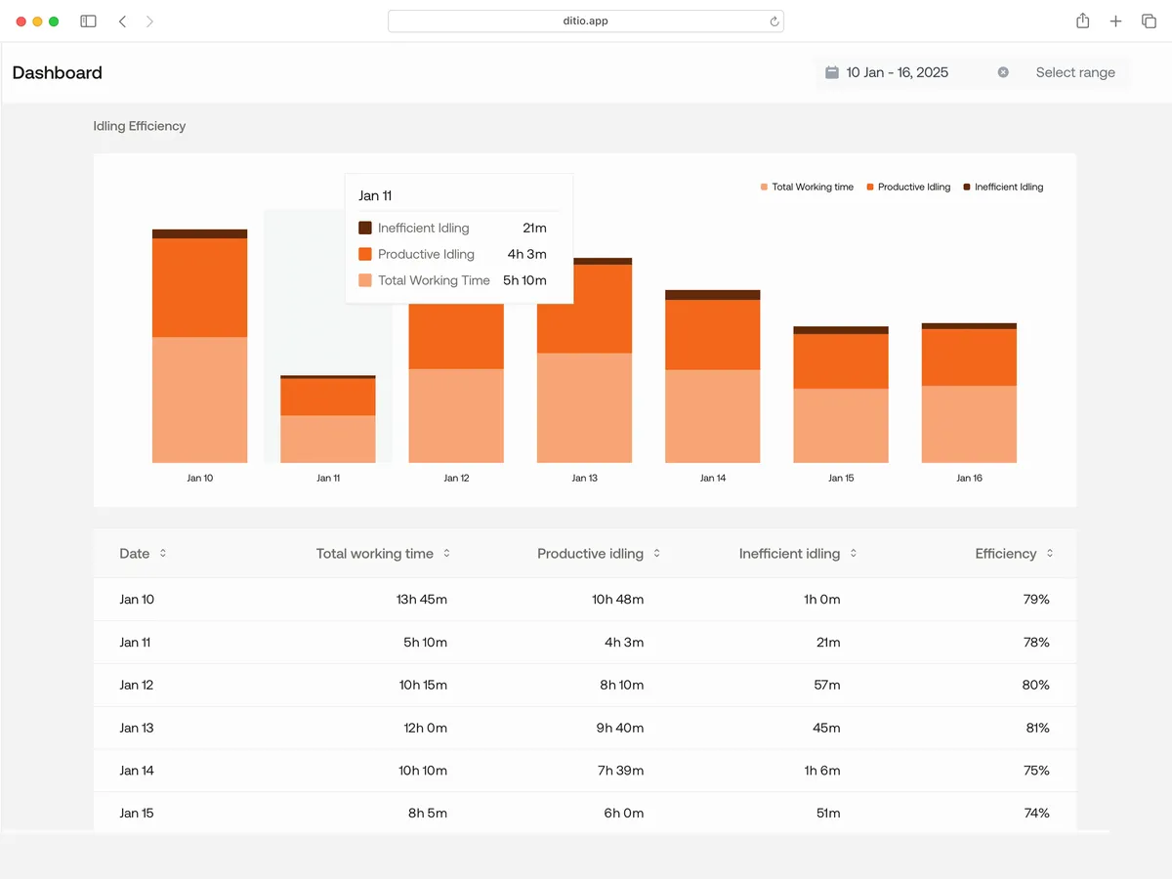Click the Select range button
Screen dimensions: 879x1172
(1074, 72)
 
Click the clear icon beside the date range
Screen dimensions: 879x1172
(1003, 72)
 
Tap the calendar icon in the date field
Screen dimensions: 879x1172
(832, 72)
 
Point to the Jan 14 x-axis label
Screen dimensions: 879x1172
(713, 478)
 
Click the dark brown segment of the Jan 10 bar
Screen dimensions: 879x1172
(199, 234)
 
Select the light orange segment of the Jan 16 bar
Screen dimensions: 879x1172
(969, 424)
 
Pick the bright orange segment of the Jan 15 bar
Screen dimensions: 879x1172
(841, 361)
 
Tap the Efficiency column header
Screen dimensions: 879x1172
(1005, 554)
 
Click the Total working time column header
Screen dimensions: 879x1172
(374, 554)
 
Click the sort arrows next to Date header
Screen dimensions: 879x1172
(163, 554)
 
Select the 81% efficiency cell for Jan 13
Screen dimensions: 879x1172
(1035, 728)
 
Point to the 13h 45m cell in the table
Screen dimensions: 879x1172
(422, 599)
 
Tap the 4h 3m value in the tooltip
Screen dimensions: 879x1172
(526, 254)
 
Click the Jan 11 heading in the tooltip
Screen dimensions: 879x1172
(375, 195)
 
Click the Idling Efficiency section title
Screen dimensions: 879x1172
(139, 126)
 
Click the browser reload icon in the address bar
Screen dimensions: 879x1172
(774, 21)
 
